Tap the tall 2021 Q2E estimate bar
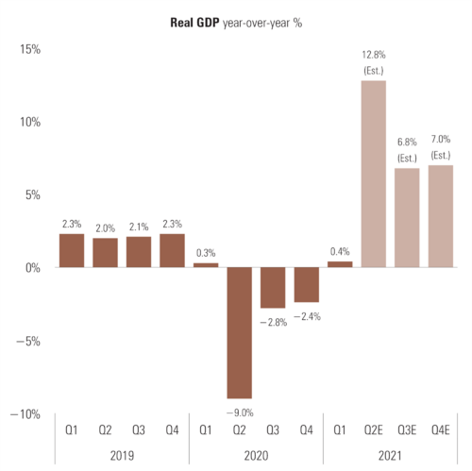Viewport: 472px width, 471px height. (x=374, y=174)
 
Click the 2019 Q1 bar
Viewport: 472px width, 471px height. (x=72, y=250)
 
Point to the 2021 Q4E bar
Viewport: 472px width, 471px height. (x=440, y=216)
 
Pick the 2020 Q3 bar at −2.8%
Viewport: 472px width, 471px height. (x=273, y=287)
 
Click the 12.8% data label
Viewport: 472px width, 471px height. (x=373, y=57)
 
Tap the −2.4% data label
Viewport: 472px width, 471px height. (x=306, y=316)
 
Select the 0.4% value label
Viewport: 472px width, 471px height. (x=340, y=252)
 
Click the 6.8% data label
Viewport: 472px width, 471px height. (x=407, y=144)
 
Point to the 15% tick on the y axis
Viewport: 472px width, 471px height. (x=29, y=49)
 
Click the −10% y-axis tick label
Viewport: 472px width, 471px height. (x=25, y=414)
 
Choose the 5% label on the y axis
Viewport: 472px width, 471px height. (x=32, y=195)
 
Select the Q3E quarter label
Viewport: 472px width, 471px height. (x=407, y=429)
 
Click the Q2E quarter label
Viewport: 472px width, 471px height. (x=374, y=429)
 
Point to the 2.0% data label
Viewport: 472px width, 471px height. (x=105, y=227)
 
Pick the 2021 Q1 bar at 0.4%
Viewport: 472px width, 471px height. (x=340, y=264)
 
